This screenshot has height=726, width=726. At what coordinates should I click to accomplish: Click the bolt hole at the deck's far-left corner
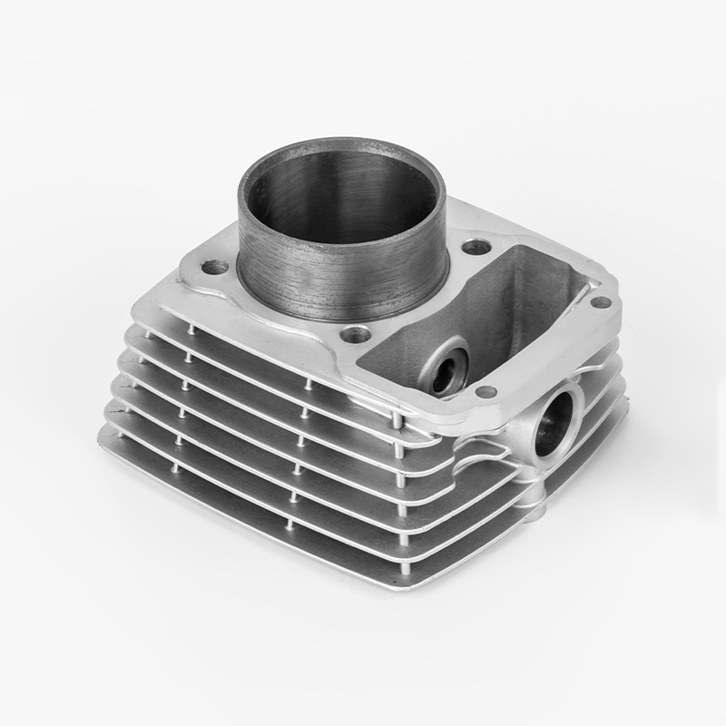pos(214,267)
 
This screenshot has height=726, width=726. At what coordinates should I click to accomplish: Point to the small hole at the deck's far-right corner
pos(600,302)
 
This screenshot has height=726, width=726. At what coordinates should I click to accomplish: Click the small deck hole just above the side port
pos(486,392)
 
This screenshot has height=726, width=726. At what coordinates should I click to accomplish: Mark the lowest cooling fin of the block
pos(272,508)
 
